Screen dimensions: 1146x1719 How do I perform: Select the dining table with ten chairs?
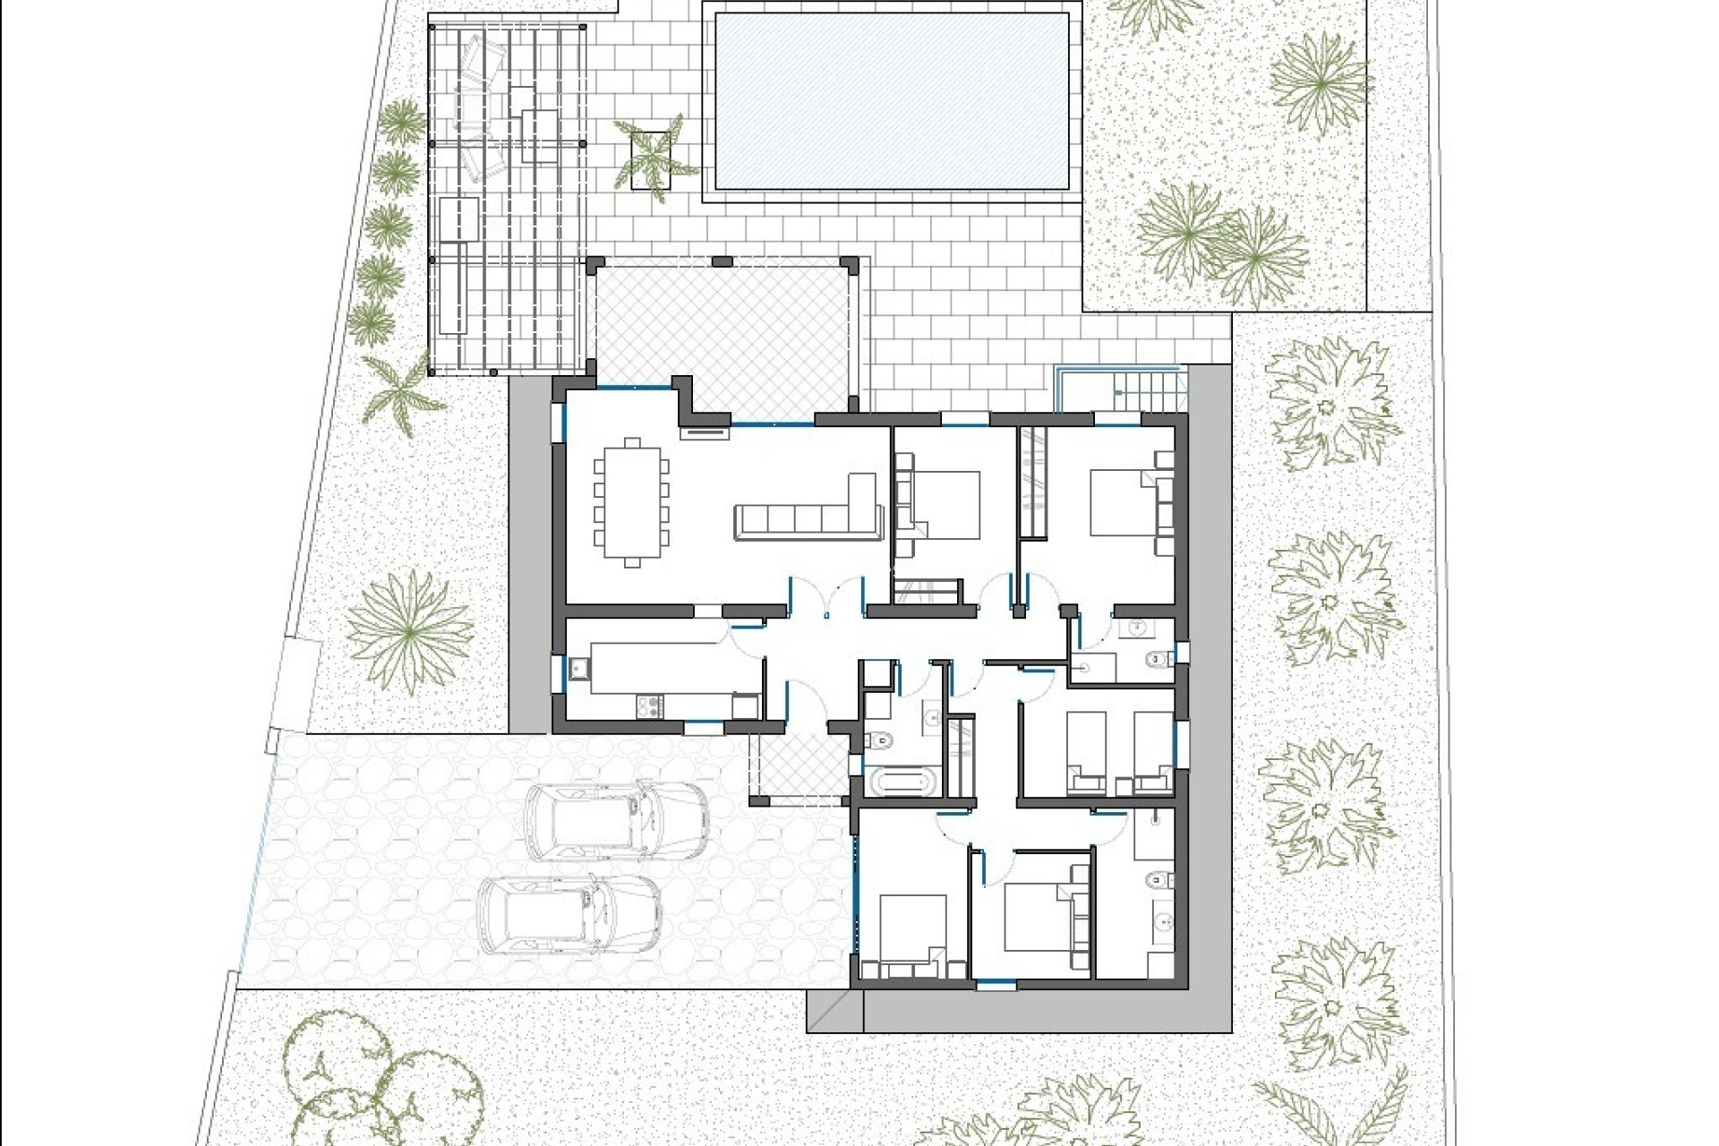pos(632,504)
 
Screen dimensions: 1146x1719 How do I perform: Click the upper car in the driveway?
pos(616,821)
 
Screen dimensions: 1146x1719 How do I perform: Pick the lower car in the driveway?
pos(569,914)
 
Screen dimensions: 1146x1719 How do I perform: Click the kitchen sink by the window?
pos(578,668)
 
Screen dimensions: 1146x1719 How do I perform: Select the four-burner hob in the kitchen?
pos(649,706)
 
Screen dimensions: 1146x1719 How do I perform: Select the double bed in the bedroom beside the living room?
pos(945,504)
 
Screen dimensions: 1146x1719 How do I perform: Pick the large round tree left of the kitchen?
pos(410,632)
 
